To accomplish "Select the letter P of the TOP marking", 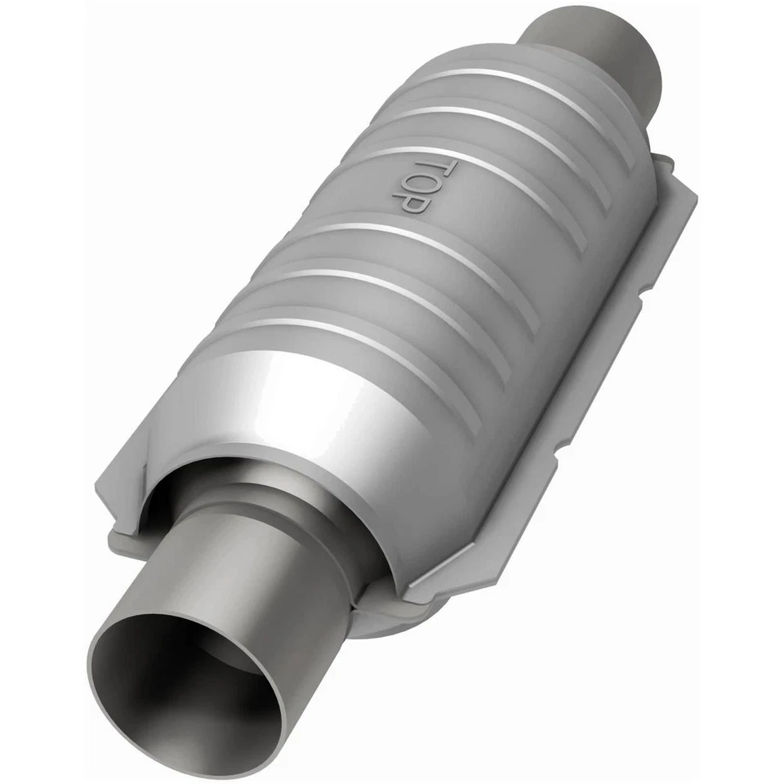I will (x=414, y=205).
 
